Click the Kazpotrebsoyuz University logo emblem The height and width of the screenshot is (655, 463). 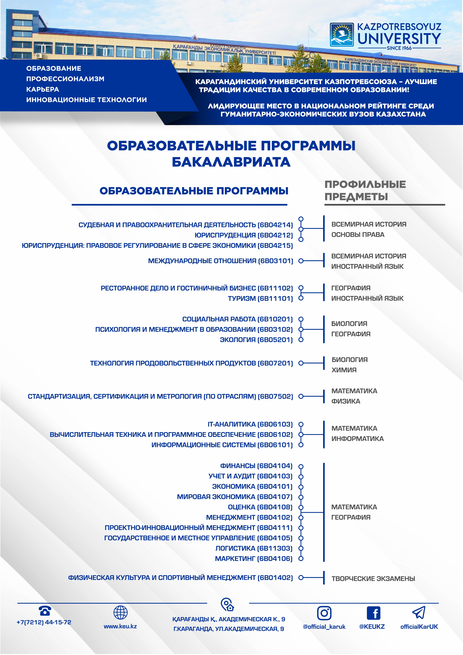342,35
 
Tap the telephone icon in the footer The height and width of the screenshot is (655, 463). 45,611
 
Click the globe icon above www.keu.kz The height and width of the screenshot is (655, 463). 120,612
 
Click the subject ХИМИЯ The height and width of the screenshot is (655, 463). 344,370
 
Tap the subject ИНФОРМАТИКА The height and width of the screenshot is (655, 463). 358,439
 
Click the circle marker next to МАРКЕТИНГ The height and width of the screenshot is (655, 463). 301,559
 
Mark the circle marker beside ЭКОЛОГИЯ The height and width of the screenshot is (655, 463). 301,340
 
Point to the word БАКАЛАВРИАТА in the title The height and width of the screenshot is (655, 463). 231,162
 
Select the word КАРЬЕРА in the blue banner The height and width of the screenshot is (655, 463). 43,89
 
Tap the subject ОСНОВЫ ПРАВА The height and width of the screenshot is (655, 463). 358,235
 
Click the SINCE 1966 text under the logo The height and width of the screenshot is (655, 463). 399,48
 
